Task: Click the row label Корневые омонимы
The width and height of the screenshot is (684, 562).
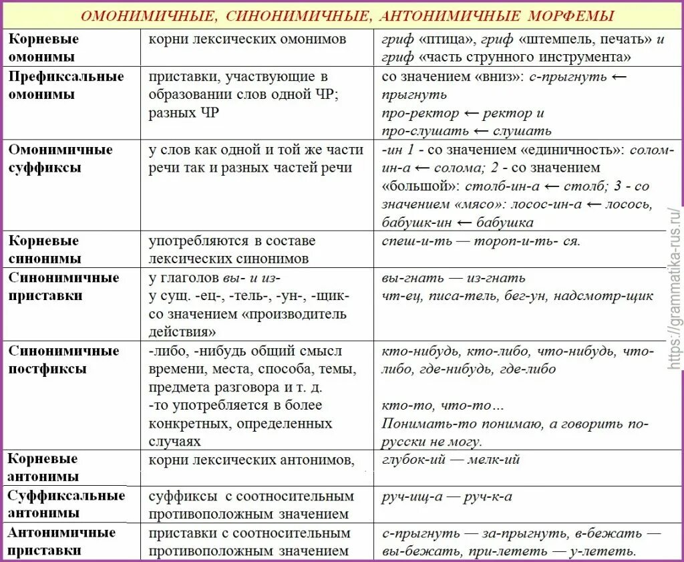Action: (43, 47)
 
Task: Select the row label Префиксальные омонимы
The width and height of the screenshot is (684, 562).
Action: (66, 85)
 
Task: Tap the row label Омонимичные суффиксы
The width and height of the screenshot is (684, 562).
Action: (61, 158)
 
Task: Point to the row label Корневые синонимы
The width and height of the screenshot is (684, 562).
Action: (44, 249)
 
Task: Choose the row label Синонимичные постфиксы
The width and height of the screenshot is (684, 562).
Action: (63, 359)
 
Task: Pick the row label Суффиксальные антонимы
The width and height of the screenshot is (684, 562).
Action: (66, 504)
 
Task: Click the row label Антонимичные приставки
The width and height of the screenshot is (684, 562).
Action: (61, 541)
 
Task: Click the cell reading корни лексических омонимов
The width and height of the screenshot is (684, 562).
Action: (247, 39)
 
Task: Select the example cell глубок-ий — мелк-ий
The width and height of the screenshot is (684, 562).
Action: (451, 460)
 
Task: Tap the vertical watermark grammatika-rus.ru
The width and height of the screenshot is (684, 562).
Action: (673, 287)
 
